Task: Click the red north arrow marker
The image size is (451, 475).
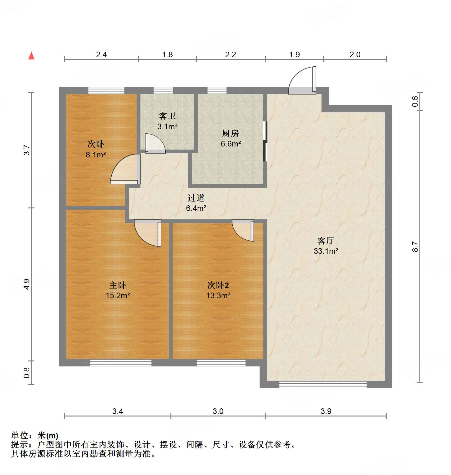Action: [31, 56]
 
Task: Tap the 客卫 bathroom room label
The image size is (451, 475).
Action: [167, 116]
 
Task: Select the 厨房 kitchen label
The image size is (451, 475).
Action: [231, 134]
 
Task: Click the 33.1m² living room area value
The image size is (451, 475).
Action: [326, 251]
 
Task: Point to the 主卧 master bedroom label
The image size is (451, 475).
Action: [118, 285]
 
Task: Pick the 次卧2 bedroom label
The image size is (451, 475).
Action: [218, 285]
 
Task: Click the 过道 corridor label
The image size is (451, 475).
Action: [196, 198]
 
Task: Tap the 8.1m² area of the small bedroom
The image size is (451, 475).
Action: [96, 155]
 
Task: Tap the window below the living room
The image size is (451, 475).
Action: [323, 385]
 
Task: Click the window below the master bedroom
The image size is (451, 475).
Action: [121, 363]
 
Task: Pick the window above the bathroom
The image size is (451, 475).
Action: [163, 90]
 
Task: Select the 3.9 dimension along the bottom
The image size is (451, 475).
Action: [326, 411]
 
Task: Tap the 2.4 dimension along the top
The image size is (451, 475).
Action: [101, 55]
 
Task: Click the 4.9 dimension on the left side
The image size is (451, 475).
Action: [27, 284]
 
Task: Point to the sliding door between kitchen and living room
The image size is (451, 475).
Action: [266, 141]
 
